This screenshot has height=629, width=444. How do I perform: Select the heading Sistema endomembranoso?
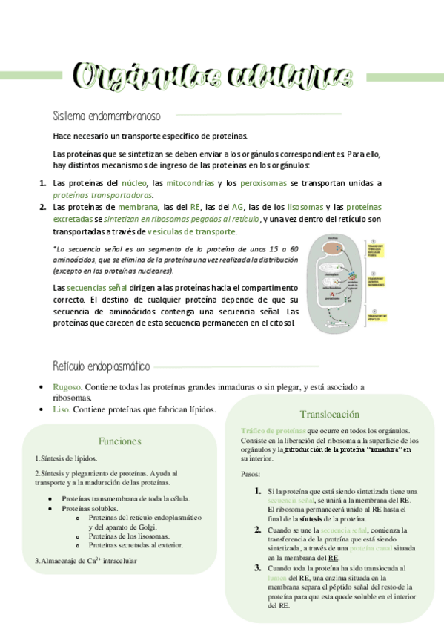(x=107, y=116)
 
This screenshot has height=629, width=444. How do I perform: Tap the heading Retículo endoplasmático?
(x=102, y=366)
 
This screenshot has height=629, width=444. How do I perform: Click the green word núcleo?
(x=133, y=183)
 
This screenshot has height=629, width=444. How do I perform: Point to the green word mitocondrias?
(x=190, y=183)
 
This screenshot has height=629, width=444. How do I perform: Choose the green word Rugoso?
(x=65, y=387)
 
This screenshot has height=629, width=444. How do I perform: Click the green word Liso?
(x=61, y=409)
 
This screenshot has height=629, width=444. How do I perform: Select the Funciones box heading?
(x=119, y=441)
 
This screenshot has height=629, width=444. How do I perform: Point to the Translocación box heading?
(x=329, y=414)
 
